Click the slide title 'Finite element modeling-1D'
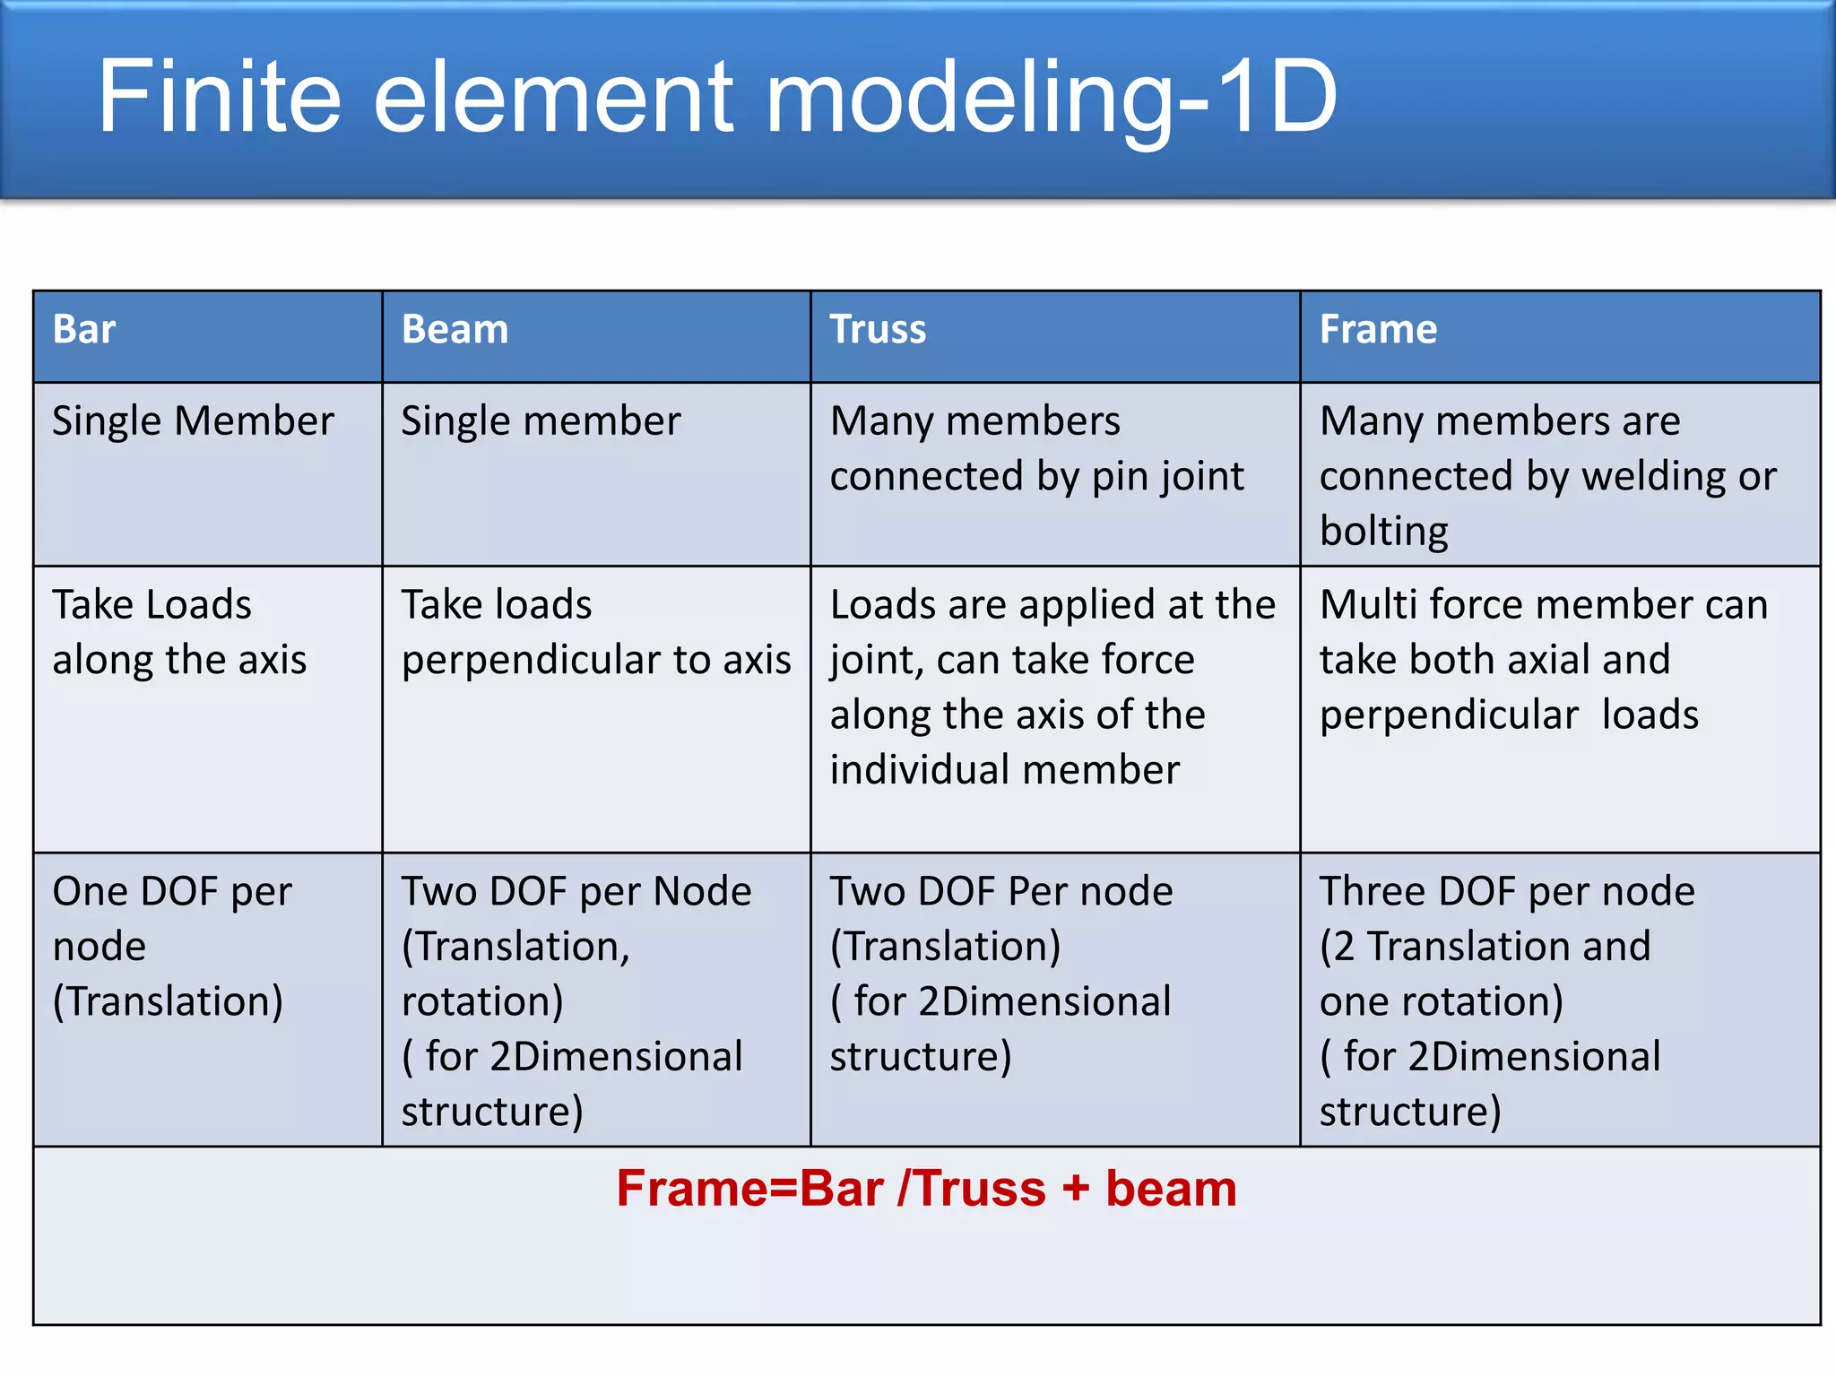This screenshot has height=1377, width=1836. (717, 97)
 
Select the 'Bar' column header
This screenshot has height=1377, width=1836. (84, 330)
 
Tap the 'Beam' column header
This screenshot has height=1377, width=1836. (455, 330)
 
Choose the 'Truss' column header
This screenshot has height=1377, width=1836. (878, 330)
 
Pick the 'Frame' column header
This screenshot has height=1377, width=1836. (1378, 330)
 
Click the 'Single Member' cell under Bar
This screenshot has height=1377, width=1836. (193, 421)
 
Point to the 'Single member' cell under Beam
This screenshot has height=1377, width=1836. (541, 421)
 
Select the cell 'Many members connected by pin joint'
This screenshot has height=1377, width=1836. (1036, 448)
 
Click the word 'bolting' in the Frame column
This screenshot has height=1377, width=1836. (1383, 532)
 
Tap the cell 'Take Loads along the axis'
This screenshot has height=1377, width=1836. (179, 632)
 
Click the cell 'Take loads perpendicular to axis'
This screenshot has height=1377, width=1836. (595, 632)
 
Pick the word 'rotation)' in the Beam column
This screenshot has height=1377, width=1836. (482, 1001)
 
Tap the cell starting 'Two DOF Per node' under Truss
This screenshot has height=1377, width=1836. (1000, 974)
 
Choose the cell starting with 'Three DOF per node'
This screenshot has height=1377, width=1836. (1506, 1000)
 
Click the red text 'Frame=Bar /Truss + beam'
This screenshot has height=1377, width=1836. (926, 1189)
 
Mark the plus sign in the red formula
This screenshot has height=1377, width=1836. (1075, 1191)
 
